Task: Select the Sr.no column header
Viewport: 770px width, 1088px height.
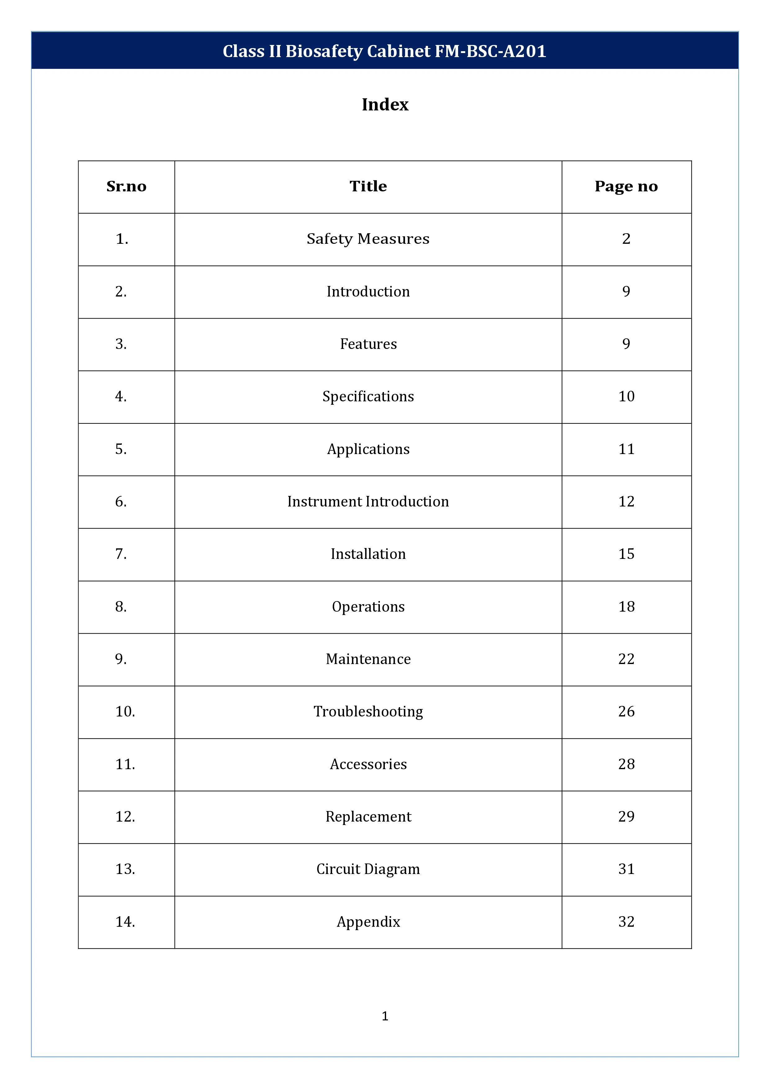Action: pyautogui.click(x=126, y=186)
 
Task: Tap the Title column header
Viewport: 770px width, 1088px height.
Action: pyautogui.click(x=368, y=186)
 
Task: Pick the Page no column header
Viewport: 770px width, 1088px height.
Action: pyautogui.click(x=626, y=186)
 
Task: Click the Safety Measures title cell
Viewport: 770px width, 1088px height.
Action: pyautogui.click(x=368, y=239)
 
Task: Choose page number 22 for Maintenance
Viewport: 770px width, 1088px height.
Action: pyautogui.click(x=626, y=659)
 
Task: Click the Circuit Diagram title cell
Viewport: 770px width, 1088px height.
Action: pyautogui.click(x=368, y=869)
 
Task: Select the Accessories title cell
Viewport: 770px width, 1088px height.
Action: pyautogui.click(x=368, y=764)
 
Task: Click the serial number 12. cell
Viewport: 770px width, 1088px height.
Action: pyautogui.click(x=125, y=817)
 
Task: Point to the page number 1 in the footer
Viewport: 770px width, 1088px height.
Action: pyautogui.click(x=385, y=1016)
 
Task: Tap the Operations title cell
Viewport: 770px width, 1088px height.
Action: pyautogui.click(x=368, y=607)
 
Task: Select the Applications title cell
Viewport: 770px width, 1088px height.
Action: pyautogui.click(x=368, y=449)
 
